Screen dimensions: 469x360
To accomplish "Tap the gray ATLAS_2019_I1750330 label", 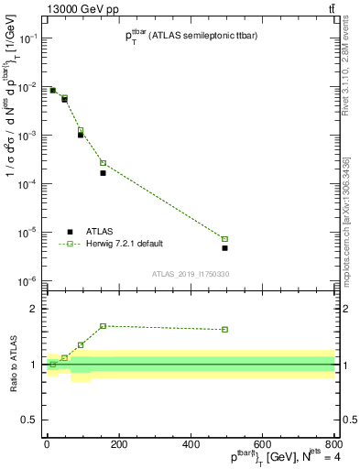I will [x=190, y=274].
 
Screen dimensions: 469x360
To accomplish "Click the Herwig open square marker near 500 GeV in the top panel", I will [x=224, y=239].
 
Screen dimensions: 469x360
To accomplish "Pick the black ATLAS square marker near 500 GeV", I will [x=224, y=248].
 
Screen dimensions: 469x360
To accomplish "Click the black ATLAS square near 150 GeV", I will [x=103, y=172].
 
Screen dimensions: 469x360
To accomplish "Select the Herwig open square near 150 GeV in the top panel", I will [x=103, y=163].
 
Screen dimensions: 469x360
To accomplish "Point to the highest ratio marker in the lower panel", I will [x=103, y=326].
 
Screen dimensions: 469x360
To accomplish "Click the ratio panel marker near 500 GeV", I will [x=224, y=330].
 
